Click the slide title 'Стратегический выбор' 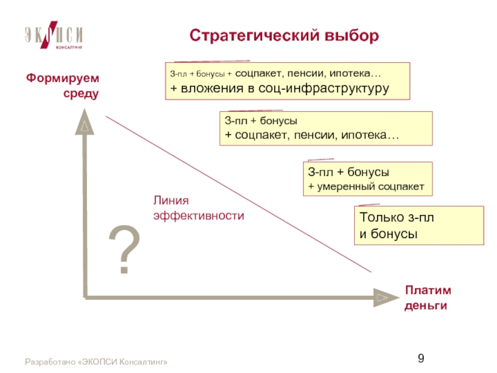click(284, 36)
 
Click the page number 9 click(421, 358)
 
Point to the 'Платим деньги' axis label click(427, 298)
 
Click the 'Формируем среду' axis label click(63, 86)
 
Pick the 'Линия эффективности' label click(198, 208)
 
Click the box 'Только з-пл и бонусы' click(419, 226)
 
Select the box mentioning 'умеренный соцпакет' click(367, 179)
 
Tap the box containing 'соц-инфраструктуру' click(287, 81)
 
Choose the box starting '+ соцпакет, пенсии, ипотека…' click(326, 128)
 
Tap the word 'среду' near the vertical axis click(81, 94)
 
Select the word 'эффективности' click(198, 216)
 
